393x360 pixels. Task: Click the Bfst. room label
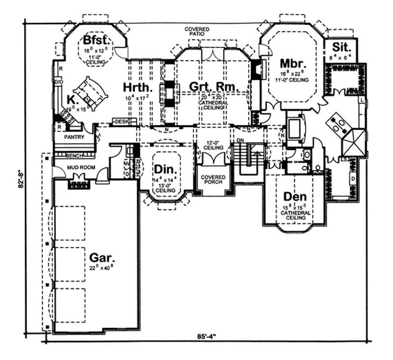pyautogui.click(x=96, y=40)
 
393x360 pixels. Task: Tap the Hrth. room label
pyautogui.click(x=136, y=87)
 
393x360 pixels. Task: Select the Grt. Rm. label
pyautogui.click(x=214, y=87)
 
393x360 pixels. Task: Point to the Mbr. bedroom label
pyautogui.click(x=293, y=64)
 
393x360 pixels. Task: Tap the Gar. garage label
pyautogui.click(x=103, y=257)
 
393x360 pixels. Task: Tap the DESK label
pyautogui.click(x=121, y=121)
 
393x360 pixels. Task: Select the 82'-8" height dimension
pyautogui.click(x=18, y=179)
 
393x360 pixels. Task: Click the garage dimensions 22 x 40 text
pyautogui.click(x=103, y=269)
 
